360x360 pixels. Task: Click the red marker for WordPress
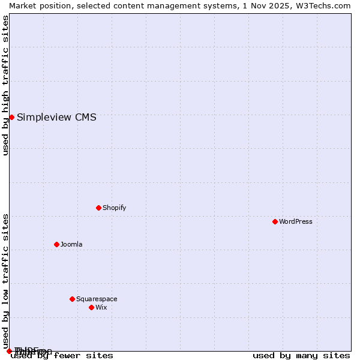click(x=275, y=221)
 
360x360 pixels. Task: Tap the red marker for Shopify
click(x=98, y=208)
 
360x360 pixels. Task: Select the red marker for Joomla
click(x=56, y=244)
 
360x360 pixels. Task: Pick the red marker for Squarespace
click(x=72, y=299)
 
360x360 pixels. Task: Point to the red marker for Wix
click(x=91, y=307)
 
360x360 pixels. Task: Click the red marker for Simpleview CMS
click(x=11, y=117)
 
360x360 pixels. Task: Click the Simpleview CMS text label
click(x=56, y=117)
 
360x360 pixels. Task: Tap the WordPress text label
click(x=296, y=221)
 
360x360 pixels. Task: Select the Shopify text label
click(x=114, y=208)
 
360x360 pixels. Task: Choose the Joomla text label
click(x=71, y=244)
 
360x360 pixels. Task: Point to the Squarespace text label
click(x=97, y=299)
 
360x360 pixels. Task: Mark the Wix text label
click(x=101, y=307)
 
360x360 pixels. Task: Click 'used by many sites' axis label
click(x=301, y=355)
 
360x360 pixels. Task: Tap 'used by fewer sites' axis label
click(x=62, y=355)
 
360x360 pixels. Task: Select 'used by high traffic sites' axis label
click(x=5, y=85)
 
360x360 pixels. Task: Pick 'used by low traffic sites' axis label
click(x=5, y=281)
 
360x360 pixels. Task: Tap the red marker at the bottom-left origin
click(x=9, y=351)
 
